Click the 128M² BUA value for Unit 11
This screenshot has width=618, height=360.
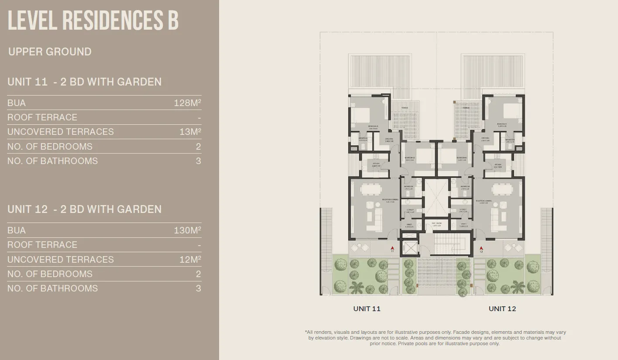187,103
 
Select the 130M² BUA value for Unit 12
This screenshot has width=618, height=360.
187,230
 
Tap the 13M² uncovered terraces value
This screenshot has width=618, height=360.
190,132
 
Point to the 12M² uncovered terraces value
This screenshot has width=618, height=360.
190,259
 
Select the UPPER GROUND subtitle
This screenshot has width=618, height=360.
50,51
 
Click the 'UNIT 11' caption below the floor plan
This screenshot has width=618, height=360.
367,309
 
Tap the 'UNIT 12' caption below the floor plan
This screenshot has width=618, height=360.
502,309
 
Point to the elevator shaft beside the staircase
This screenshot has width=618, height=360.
411,248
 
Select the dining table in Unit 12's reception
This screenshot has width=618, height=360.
503,189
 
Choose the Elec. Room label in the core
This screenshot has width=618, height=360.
437,223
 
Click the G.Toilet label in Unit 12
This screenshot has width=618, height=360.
463,210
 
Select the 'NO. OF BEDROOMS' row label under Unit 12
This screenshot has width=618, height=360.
50,274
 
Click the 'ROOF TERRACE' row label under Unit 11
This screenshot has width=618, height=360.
42,117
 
